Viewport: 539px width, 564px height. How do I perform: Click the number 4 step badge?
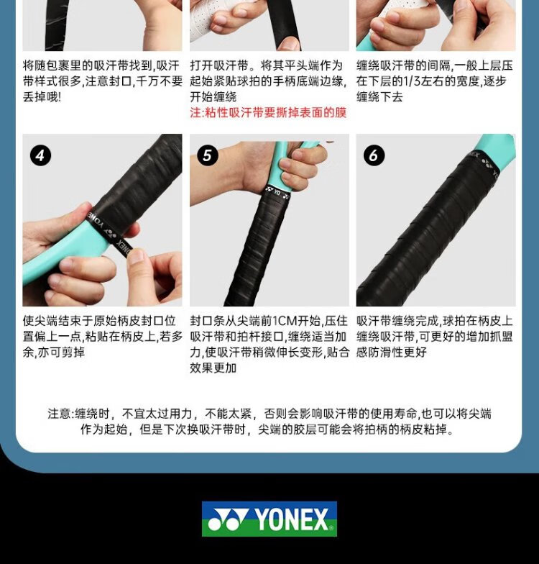coord(40,155)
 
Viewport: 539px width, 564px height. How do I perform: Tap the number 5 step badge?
coord(207,155)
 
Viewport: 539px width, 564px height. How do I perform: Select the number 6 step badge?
coord(374,155)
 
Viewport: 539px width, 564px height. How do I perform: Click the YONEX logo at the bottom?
coord(269,519)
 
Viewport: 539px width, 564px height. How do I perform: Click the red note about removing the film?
coord(268,113)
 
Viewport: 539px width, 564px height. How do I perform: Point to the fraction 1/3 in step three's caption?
coord(413,81)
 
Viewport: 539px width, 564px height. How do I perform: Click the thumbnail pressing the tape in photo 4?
coord(137,256)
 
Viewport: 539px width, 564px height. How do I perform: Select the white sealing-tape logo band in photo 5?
coord(277,193)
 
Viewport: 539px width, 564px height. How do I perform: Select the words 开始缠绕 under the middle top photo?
coord(213,97)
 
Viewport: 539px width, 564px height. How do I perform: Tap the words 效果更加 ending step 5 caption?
coord(213,368)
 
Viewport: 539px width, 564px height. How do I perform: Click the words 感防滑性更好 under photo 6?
coord(392,352)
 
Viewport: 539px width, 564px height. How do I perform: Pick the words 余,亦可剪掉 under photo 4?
coord(54,352)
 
